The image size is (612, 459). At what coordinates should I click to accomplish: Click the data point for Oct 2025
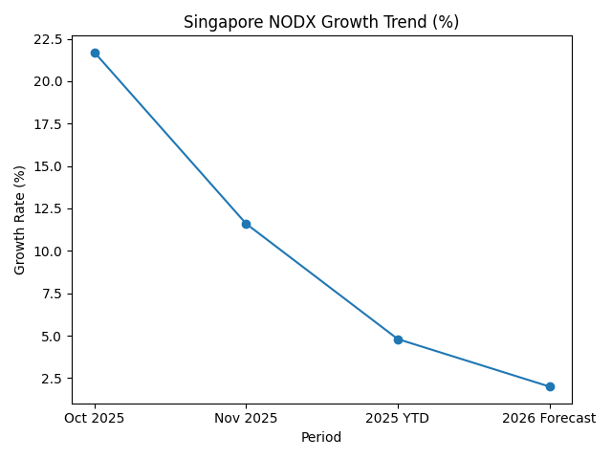[95, 53]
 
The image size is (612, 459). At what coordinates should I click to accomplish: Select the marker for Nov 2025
[246, 224]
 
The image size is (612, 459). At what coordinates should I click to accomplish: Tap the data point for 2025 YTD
[398, 339]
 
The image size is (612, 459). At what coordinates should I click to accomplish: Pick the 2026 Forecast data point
[550, 386]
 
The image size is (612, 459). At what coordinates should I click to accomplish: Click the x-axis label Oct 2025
[95, 418]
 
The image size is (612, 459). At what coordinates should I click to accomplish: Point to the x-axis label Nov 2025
[246, 418]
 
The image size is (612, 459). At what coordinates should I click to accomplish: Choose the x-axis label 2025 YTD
[398, 418]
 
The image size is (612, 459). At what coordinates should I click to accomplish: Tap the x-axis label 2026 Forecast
[550, 418]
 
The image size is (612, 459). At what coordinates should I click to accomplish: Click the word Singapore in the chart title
[219, 22]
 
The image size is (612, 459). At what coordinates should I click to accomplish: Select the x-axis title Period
[322, 437]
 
